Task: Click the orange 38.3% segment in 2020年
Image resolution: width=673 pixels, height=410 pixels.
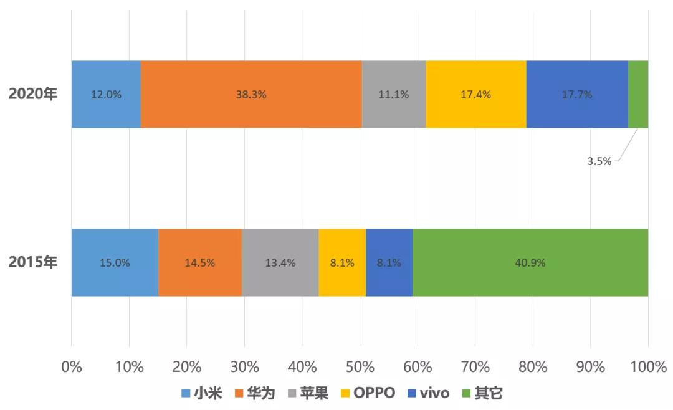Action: click(251, 95)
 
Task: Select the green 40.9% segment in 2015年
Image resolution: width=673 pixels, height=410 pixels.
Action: click(530, 263)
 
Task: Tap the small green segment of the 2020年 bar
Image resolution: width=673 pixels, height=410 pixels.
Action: click(638, 95)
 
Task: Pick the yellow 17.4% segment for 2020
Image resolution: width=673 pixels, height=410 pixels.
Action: click(476, 95)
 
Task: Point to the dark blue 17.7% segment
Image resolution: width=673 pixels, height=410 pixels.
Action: click(577, 95)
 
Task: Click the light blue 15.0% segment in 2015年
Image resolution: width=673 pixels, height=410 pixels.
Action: click(115, 263)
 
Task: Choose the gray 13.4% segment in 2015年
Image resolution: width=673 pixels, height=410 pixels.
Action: click(280, 263)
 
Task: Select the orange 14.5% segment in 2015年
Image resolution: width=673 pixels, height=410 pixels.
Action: click(199, 263)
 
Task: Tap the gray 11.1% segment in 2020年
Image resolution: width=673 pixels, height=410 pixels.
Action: click(394, 95)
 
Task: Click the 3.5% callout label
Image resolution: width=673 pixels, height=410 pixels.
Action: click(599, 161)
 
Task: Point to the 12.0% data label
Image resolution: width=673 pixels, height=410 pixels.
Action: click(106, 95)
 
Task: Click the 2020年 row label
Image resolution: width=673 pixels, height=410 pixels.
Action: click(32, 95)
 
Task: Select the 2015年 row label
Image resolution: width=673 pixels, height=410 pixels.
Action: click(32, 263)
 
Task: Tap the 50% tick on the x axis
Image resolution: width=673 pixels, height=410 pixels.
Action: click(360, 367)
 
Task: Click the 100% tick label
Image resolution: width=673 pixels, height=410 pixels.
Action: click(648, 367)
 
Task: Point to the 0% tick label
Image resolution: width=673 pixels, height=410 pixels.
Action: click(72, 367)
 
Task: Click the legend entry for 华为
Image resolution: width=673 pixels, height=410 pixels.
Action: click(254, 393)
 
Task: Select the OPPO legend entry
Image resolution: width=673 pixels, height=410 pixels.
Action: click(367, 393)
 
